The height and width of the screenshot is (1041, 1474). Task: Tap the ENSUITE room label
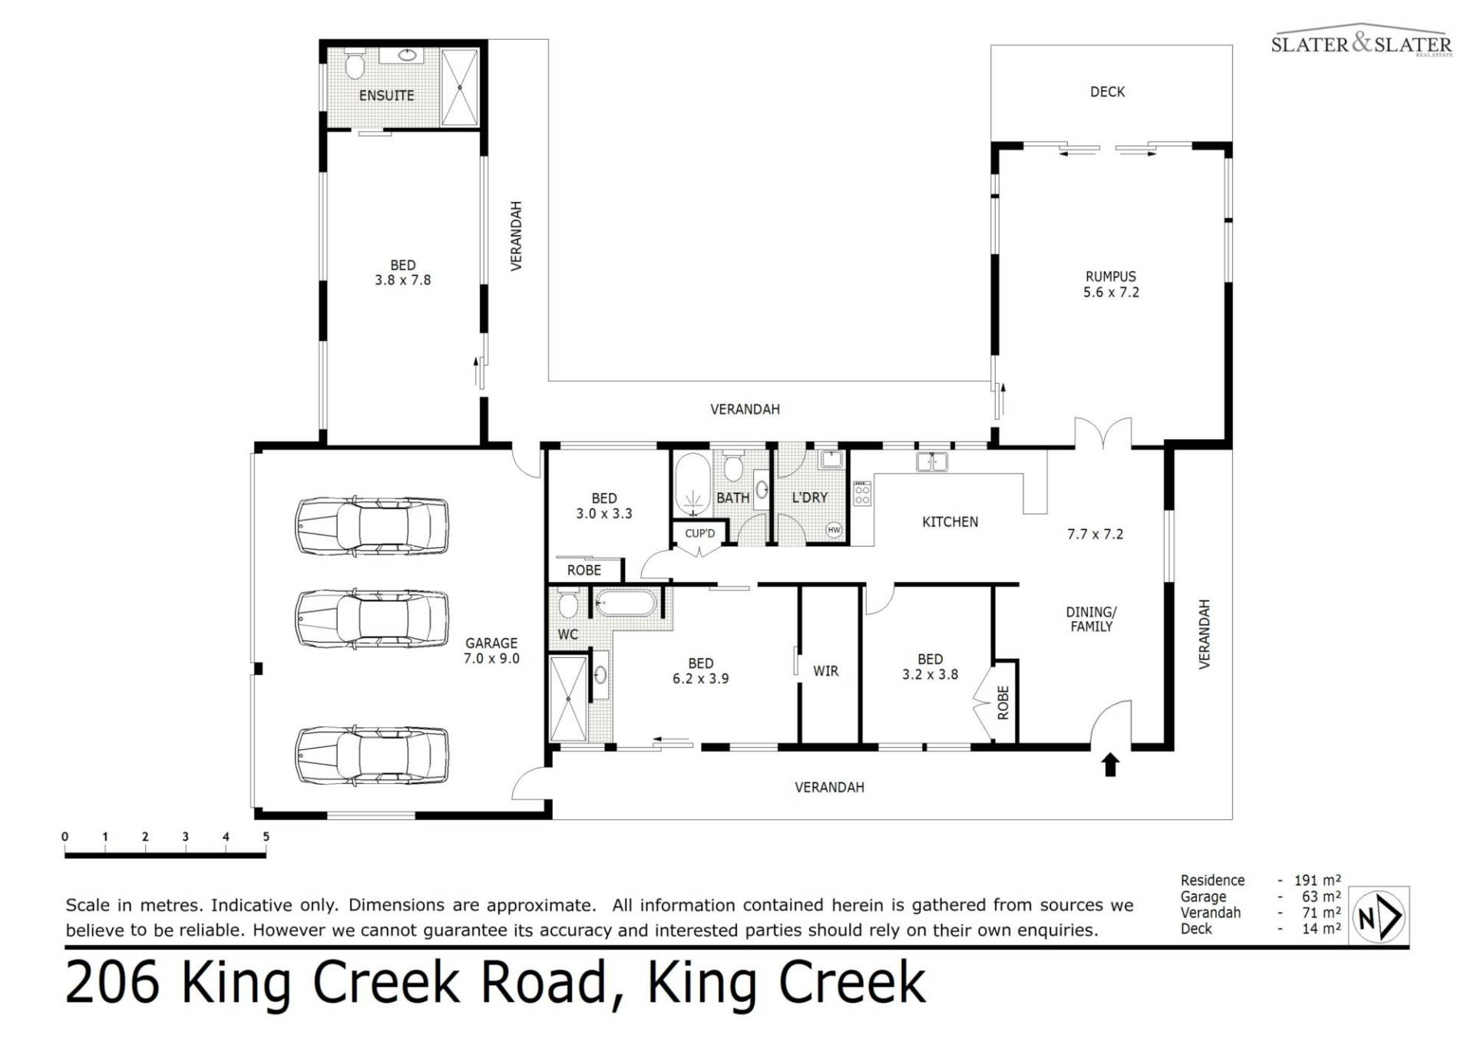pos(386,95)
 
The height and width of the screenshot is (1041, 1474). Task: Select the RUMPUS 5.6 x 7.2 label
pos(1111,284)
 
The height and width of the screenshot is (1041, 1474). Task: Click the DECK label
pos(1107,91)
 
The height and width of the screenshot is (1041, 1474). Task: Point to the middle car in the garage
pos(372,618)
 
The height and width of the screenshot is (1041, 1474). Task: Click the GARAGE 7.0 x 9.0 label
pos(491,650)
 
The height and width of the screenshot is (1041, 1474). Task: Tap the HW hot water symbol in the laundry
pos(834,530)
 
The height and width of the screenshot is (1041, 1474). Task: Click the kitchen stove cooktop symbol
pos(862,494)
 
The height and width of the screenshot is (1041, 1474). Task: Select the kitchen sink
pos(932,461)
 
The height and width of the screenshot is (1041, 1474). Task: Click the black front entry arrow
pos(1110,765)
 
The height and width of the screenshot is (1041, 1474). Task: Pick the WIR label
pos(825,671)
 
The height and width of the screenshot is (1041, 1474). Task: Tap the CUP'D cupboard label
pos(699,533)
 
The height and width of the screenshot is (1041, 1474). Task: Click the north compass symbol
pos(1380,915)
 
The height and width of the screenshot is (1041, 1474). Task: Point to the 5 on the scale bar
pos(266,836)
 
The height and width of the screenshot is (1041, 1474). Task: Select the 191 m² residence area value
pos(1317,880)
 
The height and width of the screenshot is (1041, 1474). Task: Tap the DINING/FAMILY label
pos(1091,619)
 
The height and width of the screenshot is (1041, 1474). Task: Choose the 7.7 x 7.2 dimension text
pos(1095,534)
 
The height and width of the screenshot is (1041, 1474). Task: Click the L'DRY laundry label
pos(809,497)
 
